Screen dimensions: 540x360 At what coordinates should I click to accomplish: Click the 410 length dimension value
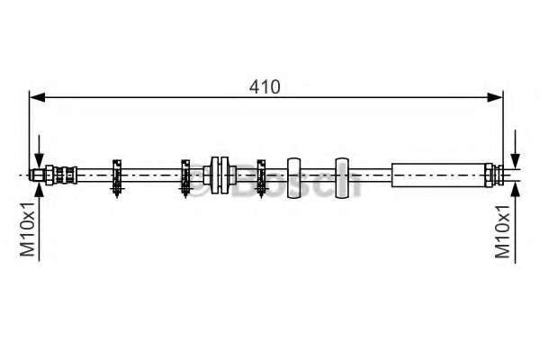pos(265,86)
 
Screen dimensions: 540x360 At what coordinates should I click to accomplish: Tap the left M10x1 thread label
pos(28,229)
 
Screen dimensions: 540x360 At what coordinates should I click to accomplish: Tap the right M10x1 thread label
pos(502,231)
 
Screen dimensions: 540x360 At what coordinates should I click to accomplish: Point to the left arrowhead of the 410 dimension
pos(38,97)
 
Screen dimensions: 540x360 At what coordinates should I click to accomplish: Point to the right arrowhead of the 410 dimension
pos(495,97)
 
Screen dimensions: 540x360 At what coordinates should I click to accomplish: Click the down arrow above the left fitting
pos(39,151)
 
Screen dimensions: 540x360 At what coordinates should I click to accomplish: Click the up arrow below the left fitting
pos(39,221)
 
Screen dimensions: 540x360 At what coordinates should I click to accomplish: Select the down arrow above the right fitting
pos(515,149)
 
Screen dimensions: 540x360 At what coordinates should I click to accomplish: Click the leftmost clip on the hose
pos(117,178)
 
